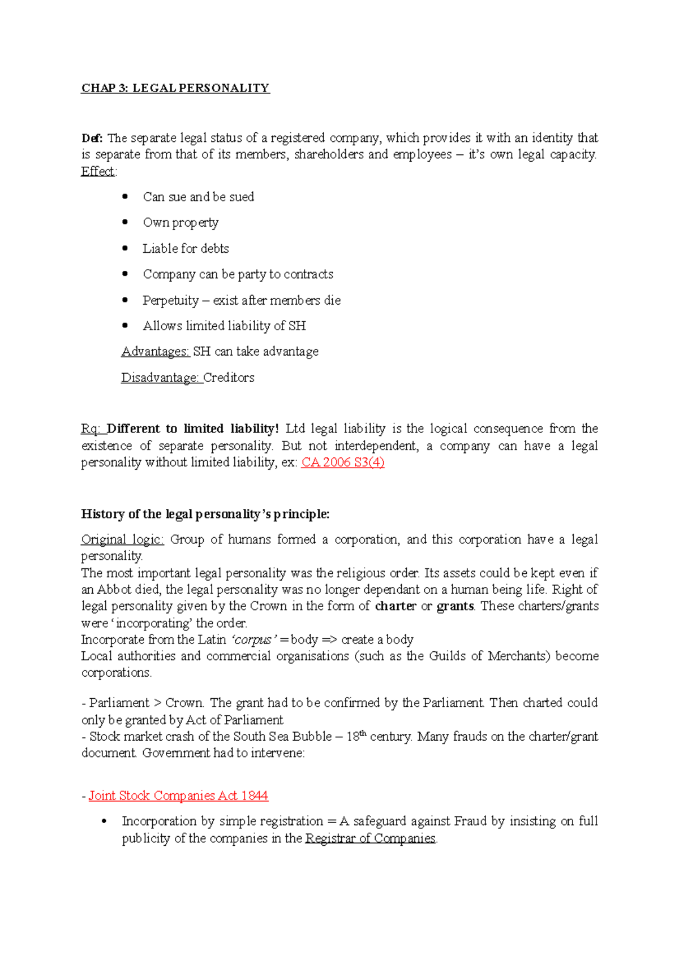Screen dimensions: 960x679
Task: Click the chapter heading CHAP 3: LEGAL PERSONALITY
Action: coord(175,88)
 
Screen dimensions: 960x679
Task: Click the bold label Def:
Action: coord(92,138)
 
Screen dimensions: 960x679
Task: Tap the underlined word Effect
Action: coord(98,171)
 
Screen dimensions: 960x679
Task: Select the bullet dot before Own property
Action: coord(125,222)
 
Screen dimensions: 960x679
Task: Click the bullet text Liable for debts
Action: coord(186,249)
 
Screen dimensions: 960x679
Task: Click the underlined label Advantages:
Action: coord(155,352)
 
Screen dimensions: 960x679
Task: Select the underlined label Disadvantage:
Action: coord(161,378)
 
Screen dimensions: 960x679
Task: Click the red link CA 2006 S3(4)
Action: coord(343,462)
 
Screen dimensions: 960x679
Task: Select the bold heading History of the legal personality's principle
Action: coord(205,514)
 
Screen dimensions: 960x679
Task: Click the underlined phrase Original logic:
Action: coord(122,539)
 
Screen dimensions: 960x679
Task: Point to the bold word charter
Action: coord(396,606)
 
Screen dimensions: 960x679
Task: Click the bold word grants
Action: coord(455,606)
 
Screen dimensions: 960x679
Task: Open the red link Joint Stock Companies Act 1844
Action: coord(178,796)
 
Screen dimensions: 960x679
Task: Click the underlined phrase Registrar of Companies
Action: coord(370,838)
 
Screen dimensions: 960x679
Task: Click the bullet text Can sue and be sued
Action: coord(198,197)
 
